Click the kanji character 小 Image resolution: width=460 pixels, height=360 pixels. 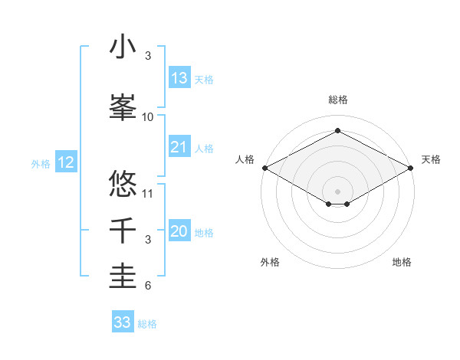click(x=123, y=47)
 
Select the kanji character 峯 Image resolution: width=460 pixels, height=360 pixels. click(x=123, y=109)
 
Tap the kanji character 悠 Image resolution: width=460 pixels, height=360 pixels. click(x=123, y=185)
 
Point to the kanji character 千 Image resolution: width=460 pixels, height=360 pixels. click(x=123, y=231)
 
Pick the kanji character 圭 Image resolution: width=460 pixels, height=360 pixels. click(x=123, y=277)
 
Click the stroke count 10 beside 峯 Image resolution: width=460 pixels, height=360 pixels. click(x=148, y=117)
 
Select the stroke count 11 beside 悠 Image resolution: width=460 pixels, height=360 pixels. click(x=148, y=193)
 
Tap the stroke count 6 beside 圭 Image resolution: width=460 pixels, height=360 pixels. click(x=148, y=286)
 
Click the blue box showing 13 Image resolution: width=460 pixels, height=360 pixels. click(x=179, y=78)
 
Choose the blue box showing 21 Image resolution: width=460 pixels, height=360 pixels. click(x=179, y=147)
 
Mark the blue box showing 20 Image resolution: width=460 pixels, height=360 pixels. click(x=179, y=231)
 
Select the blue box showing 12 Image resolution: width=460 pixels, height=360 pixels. click(x=66, y=162)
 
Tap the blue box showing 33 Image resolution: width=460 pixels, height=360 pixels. click(x=123, y=322)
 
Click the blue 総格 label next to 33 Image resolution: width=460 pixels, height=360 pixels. click(x=147, y=324)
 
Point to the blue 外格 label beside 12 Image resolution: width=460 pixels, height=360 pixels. click(x=41, y=163)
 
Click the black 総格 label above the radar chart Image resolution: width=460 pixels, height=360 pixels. click(x=338, y=100)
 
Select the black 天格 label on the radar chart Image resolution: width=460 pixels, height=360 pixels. click(x=431, y=159)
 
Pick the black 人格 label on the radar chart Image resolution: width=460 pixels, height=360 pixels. click(x=245, y=159)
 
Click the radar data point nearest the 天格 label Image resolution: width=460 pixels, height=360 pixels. click(x=412, y=168)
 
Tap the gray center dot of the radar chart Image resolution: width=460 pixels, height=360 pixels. click(x=338, y=190)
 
